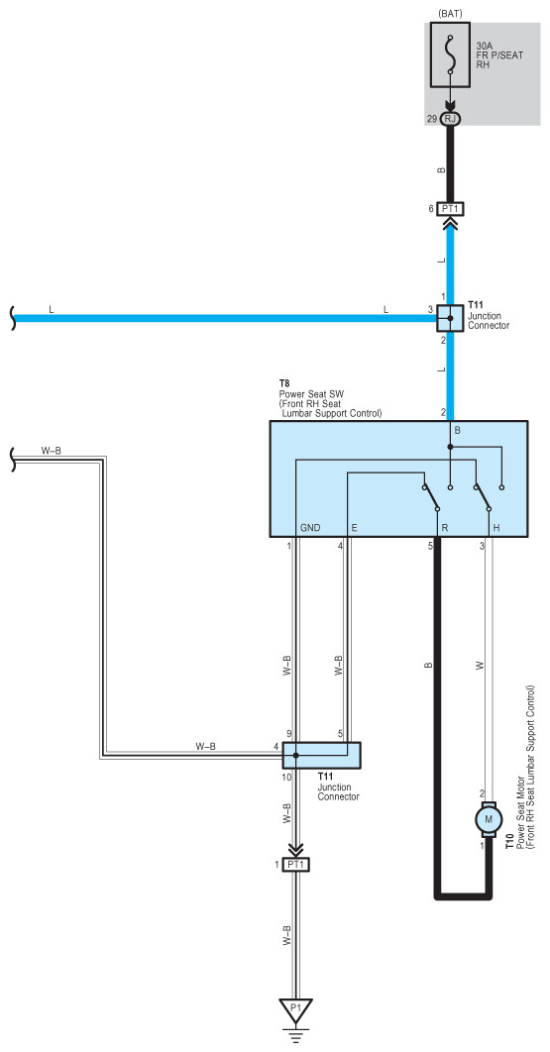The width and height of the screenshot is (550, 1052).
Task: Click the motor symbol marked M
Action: coord(489,818)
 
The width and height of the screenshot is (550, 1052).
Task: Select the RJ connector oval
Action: coord(450,118)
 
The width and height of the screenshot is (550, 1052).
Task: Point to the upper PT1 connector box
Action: coord(450,209)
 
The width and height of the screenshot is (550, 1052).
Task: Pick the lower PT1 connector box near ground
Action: coord(296,865)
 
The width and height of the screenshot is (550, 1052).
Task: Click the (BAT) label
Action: coord(449,14)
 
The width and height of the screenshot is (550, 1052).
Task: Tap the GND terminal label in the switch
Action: coord(310,528)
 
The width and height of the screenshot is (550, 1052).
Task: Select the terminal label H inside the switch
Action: coord(496,528)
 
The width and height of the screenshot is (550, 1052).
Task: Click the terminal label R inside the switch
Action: coord(445,528)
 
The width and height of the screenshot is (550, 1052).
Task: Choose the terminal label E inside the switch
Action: coord(354,528)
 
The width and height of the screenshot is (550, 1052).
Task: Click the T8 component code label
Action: coord(284,385)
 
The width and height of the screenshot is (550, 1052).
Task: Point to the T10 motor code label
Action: coord(509,841)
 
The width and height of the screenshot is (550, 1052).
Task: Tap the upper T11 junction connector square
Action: coord(450,318)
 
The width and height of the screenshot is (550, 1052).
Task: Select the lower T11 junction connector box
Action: coord(322,755)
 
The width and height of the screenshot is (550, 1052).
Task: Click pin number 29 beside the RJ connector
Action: coord(431,119)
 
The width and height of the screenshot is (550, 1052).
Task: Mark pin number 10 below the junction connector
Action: coord(286,777)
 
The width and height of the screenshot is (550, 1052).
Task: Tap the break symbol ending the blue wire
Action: coord(13,318)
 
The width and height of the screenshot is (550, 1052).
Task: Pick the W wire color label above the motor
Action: coord(480,666)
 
